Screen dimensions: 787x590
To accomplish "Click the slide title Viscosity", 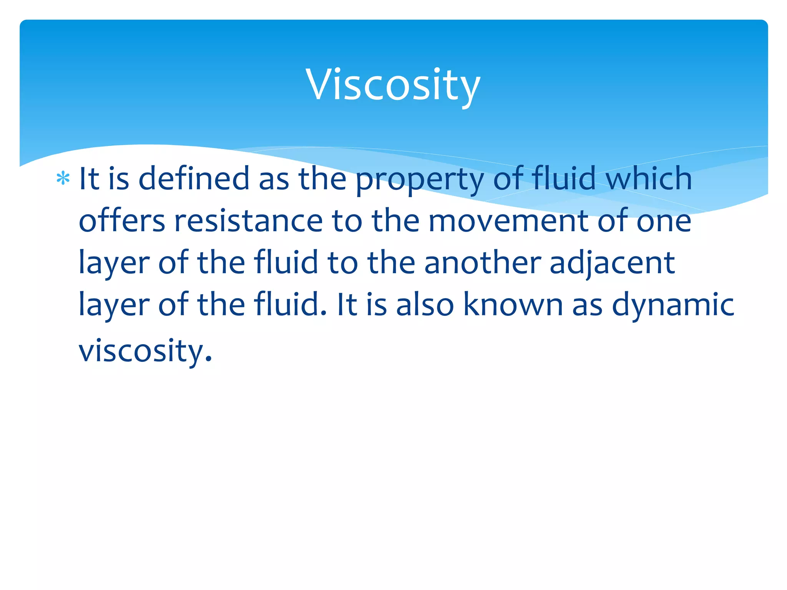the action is tap(393, 85).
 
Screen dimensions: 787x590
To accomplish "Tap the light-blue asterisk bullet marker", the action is tap(63, 179).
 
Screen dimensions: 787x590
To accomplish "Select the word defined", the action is tap(194, 178).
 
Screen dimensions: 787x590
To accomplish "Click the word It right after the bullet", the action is tap(89, 179).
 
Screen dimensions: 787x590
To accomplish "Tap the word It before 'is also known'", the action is tap(347, 305).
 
